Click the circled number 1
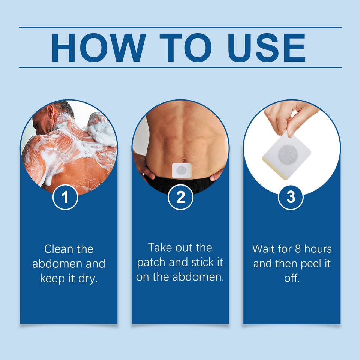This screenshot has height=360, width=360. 66,197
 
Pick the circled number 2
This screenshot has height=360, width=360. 181,197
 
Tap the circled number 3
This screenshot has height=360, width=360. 291,197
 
